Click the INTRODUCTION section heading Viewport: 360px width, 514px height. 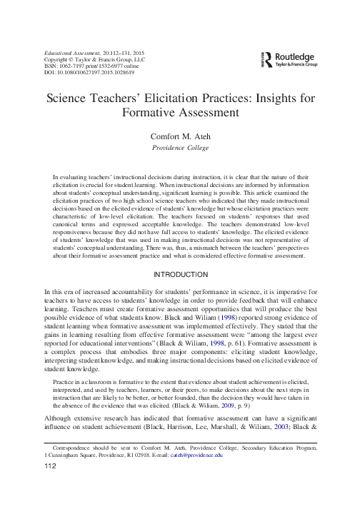pos(180,274)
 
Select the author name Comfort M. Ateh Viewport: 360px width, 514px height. pos(180,136)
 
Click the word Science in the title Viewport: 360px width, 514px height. pos(67,97)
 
